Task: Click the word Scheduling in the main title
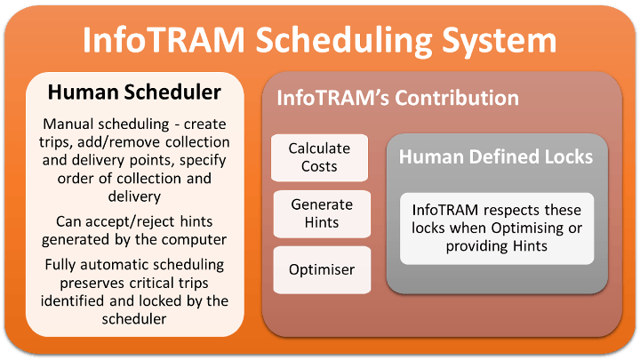pyautogui.click(x=344, y=41)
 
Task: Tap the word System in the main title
pyautogui.click(x=500, y=41)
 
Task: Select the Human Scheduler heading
pyautogui.click(x=134, y=92)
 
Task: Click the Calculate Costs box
pyautogui.click(x=320, y=157)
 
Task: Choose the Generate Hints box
pyautogui.click(x=322, y=213)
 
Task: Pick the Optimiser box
pyautogui.click(x=322, y=269)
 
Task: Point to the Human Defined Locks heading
pyautogui.click(x=496, y=156)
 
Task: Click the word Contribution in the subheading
pyautogui.click(x=457, y=98)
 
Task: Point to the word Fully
pyautogui.click(x=60, y=265)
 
